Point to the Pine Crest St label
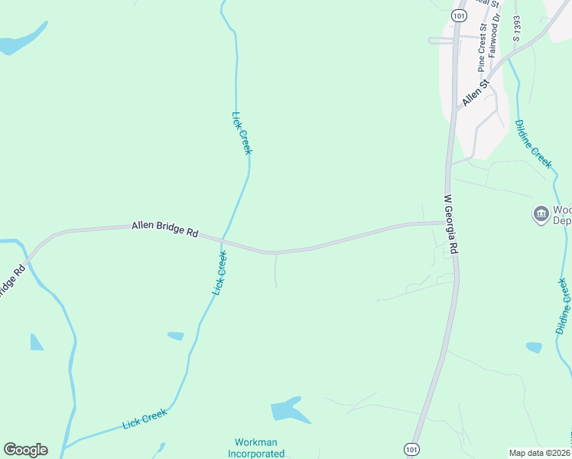point(483,47)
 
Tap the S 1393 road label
point(517,28)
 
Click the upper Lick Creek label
point(242,132)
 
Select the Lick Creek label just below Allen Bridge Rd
point(219,273)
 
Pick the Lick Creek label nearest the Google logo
point(145,419)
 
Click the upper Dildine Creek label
point(533,143)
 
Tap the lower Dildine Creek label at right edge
point(563,305)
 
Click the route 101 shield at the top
point(459,15)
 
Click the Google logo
point(25,449)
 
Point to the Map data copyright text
point(540,453)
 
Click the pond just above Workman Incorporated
point(289,411)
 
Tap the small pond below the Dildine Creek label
point(534,347)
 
